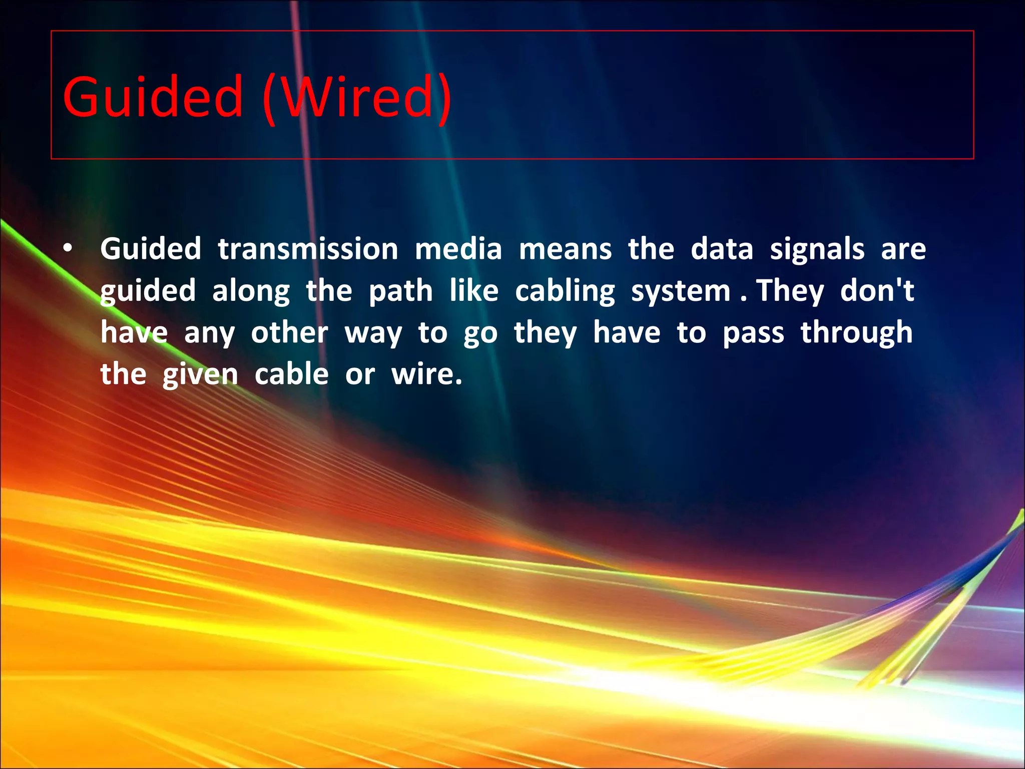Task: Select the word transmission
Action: tap(308, 249)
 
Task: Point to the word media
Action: tap(458, 249)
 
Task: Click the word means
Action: tap(565, 250)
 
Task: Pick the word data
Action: tap(722, 249)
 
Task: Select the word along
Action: tap(251, 291)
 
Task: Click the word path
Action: tap(400, 291)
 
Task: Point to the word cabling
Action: tap(565, 291)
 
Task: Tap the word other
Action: tap(289, 332)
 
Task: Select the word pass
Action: tap(753, 333)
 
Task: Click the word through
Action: tap(856, 332)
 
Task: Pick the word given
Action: tap(200, 374)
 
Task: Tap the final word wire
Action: tap(426, 374)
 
